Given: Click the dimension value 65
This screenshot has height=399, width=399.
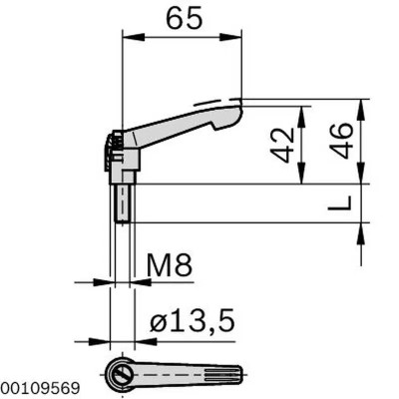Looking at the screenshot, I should [182, 18].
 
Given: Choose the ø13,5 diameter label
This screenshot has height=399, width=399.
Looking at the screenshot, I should [192, 320].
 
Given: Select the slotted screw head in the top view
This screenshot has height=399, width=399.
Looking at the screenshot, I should [121, 374].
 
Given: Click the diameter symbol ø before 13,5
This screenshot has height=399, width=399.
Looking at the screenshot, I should [157, 321].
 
